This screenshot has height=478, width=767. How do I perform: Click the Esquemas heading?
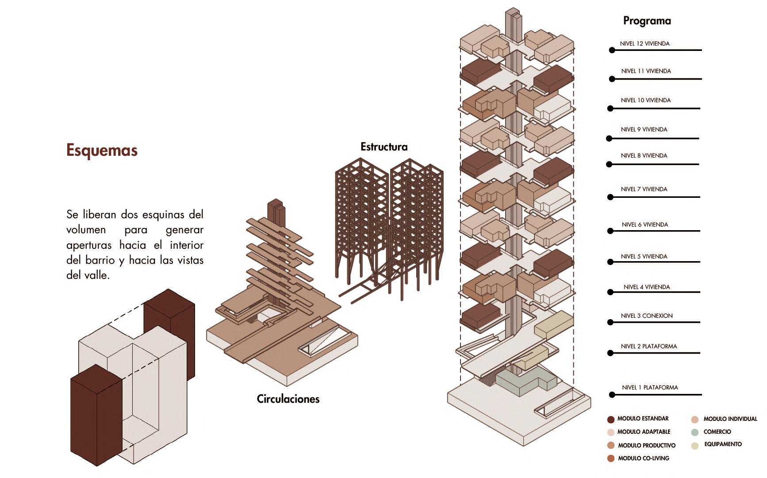tap(102, 150)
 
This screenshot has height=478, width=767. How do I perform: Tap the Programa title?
tap(647, 21)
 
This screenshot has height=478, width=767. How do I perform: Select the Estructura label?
tap(384, 147)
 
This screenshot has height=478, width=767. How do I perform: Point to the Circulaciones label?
tap(288, 399)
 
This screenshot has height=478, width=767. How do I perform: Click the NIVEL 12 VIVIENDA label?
tap(644, 44)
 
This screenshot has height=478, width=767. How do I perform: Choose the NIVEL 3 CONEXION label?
tap(646, 316)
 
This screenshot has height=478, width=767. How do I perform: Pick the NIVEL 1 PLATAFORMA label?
tap(650, 388)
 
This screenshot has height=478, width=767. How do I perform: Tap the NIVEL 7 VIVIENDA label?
tap(644, 189)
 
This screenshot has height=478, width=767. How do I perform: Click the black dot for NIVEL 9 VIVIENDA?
tap(609, 139)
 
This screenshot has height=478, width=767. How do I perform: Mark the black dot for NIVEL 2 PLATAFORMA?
tap(610, 353)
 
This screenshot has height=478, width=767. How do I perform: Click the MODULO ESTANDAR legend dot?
tap(611, 420)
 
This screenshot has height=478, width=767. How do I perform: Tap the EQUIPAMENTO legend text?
tap(723, 444)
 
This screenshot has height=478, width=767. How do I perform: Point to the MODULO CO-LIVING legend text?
tap(644, 459)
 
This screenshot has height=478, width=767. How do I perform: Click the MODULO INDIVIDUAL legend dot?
tap(695, 420)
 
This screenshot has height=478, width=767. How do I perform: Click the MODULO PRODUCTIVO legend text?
tap(647, 446)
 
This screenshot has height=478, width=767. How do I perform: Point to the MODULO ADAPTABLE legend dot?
tap(611, 432)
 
